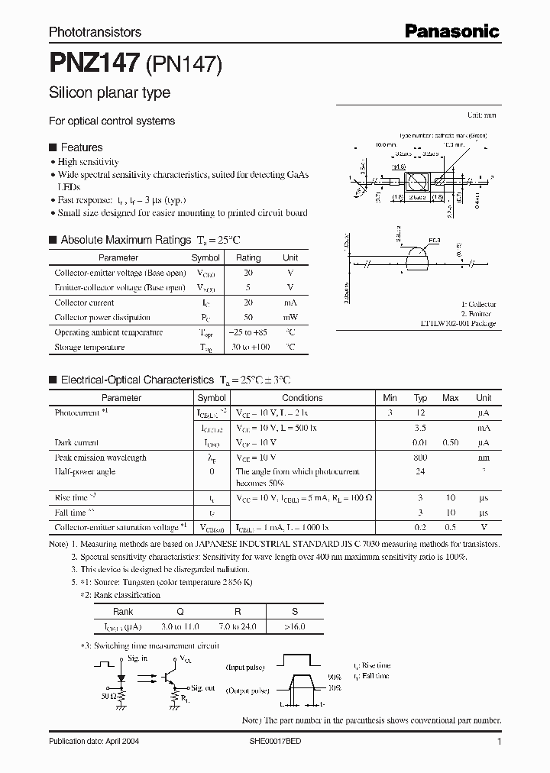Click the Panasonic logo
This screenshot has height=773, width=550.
451,31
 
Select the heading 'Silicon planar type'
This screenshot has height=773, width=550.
109,93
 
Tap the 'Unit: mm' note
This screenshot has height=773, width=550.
481,115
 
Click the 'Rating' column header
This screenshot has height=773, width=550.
248,258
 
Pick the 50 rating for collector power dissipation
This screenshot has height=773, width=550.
248,317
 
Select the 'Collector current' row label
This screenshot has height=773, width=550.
84,302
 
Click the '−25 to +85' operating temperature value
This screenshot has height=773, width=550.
248,332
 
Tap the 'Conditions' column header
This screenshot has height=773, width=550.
302,398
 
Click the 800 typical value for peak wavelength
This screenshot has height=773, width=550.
420,458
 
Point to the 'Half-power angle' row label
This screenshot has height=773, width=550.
85,471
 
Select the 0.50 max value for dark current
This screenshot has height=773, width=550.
451,442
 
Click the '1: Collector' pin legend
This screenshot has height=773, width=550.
478,304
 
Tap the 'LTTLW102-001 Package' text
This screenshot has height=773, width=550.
458,323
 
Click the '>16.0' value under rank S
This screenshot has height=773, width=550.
294,626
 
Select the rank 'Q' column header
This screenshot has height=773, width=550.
181,612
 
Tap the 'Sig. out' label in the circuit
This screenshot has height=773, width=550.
202,688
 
